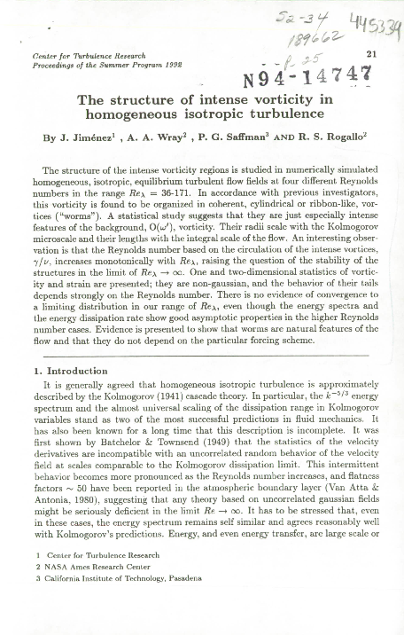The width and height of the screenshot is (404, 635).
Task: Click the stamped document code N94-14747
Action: point(314,73)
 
